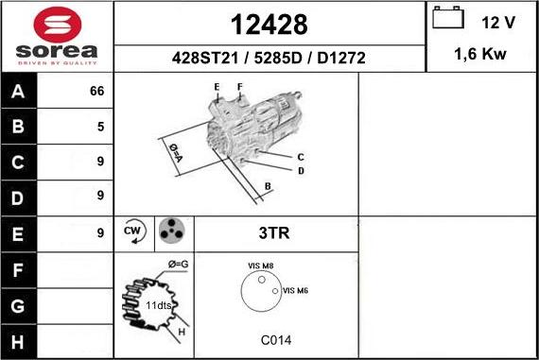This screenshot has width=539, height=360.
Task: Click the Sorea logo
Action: [57, 37]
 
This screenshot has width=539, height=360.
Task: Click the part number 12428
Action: [269, 23]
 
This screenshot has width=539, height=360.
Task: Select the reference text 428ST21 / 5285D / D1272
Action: [269, 58]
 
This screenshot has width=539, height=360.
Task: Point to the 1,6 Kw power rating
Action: [480, 55]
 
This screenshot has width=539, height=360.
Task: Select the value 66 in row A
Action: [96, 92]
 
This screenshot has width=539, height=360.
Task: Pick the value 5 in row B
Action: [99, 127]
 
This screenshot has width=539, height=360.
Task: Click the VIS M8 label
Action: [260, 267]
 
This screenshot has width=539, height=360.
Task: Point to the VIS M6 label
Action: [295, 290]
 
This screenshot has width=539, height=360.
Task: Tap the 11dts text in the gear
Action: [159, 306]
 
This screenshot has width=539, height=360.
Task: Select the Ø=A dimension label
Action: [175, 152]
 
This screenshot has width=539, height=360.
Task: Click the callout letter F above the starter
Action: [240, 88]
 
